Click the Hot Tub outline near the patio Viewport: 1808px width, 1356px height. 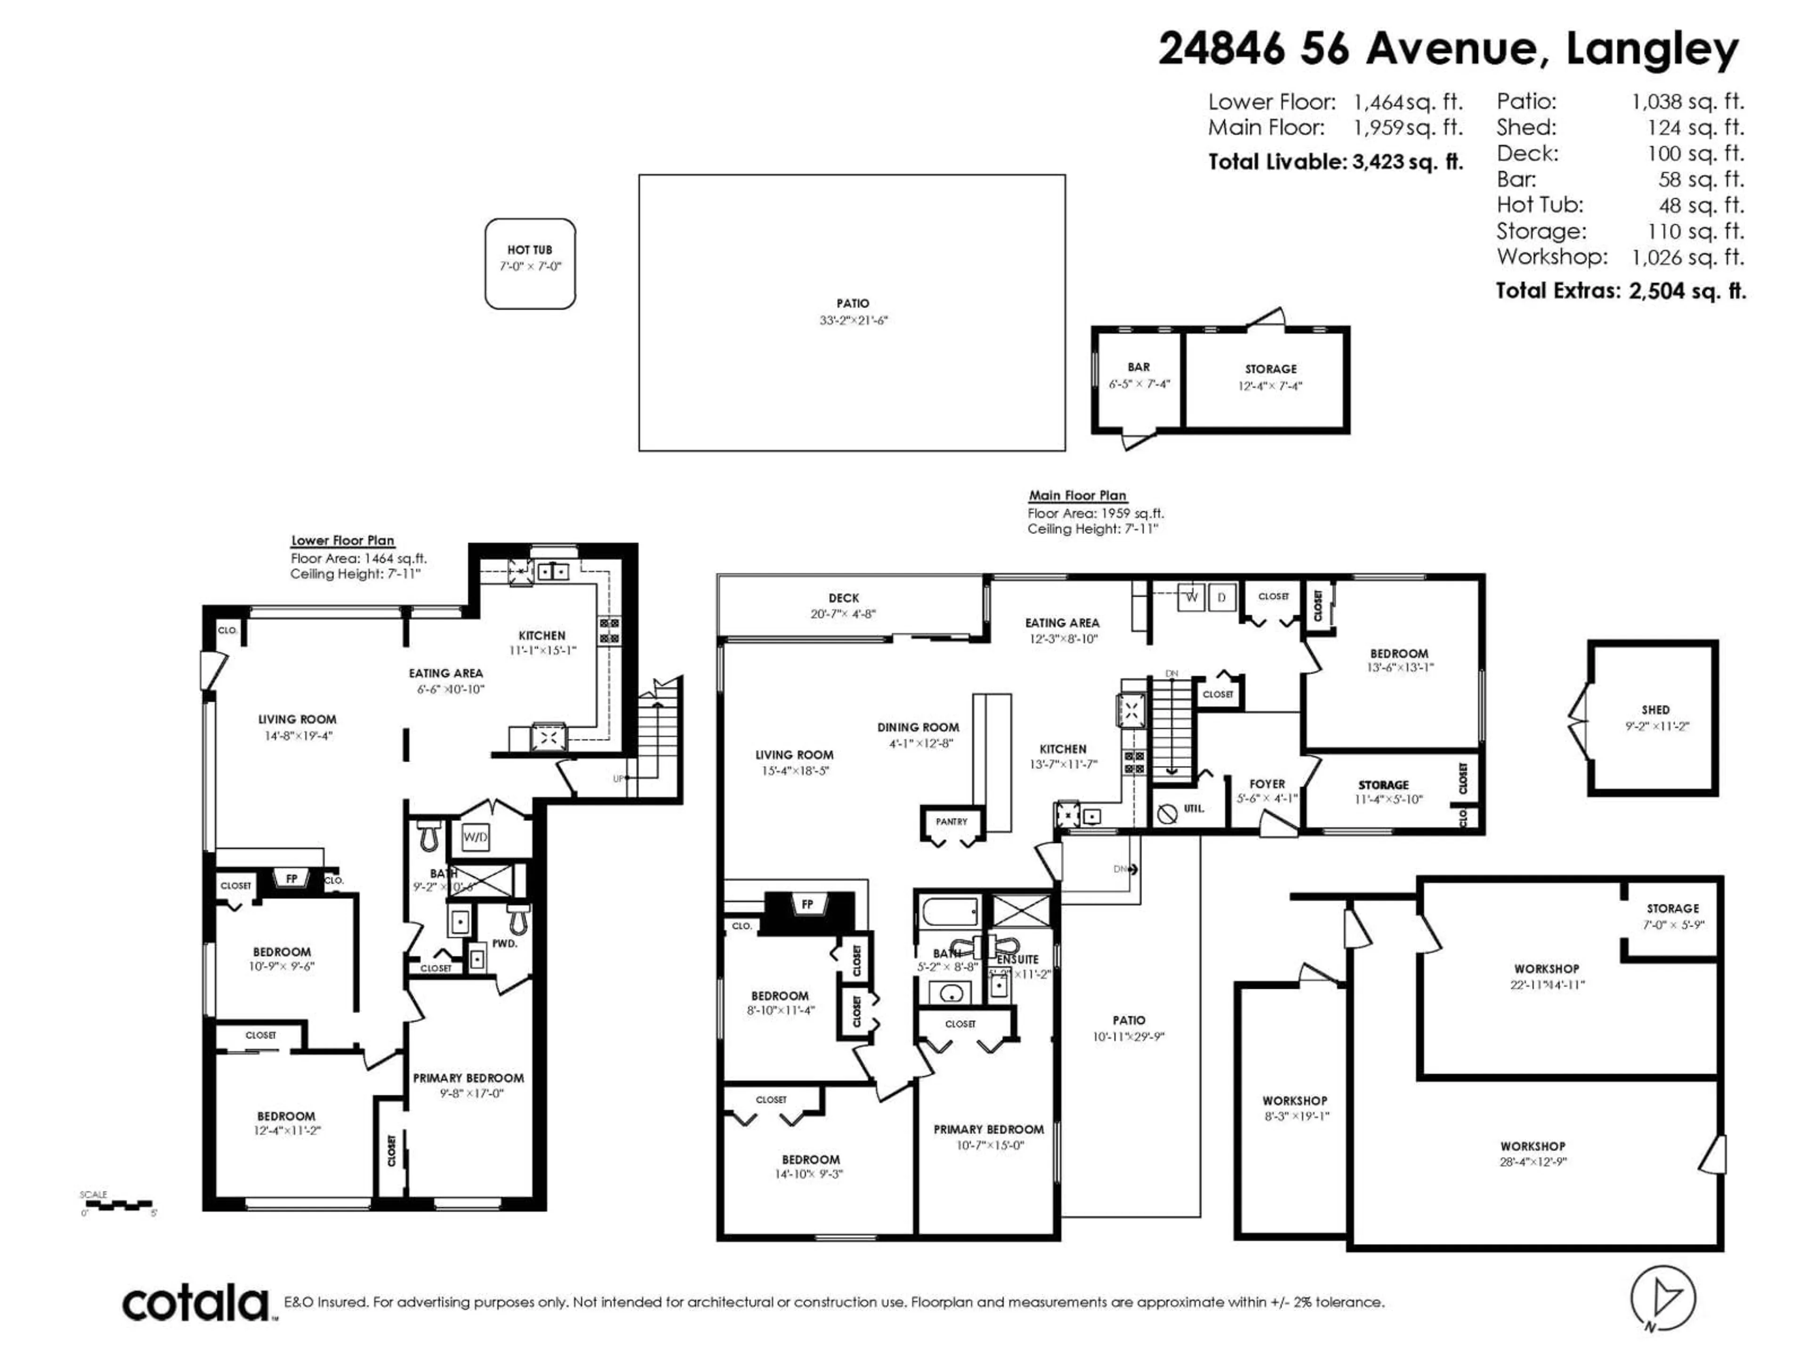530,263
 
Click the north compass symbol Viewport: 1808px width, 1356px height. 1663,1299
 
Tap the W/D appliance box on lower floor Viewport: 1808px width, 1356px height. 475,837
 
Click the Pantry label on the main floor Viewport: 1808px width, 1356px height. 952,822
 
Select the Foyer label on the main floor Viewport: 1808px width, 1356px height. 1267,784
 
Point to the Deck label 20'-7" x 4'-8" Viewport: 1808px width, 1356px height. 844,598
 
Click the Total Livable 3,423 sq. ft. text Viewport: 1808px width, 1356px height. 1336,162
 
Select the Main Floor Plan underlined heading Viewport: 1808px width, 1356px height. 1077,495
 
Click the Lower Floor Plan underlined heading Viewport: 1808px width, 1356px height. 342,540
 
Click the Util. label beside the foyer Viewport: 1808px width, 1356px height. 1194,808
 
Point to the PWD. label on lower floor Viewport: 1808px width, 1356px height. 504,943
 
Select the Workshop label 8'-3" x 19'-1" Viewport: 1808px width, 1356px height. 1295,1101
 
